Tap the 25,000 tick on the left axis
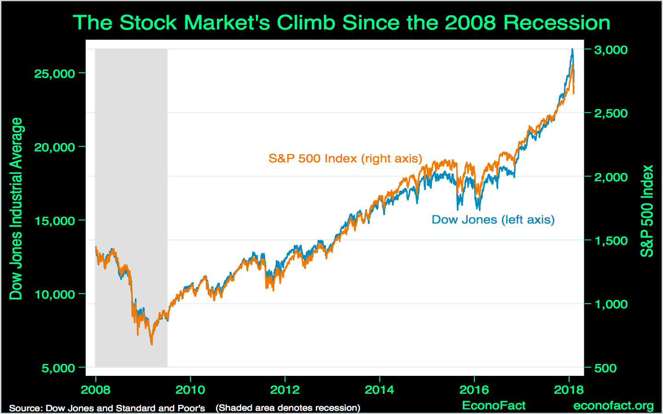(x=54, y=74)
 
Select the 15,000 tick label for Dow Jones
(x=54, y=221)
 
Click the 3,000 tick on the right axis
(x=611, y=50)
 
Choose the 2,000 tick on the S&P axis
(x=611, y=177)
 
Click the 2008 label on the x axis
(x=95, y=390)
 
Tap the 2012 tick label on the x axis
(x=285, y=390)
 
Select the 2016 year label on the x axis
(x=474, y=390)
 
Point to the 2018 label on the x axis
(x=569, y=390)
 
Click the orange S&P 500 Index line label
(x=345, y=159)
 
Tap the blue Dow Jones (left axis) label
(x=493, y=220)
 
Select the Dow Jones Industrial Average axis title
(x=16, y=208)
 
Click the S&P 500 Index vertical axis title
(x=647, y=211)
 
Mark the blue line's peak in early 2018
(x=572, y=49)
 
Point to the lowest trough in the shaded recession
(x=151, y=344)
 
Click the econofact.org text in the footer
(x=613, y=406)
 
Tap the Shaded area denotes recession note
(x=288, y=408)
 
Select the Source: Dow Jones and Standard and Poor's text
(x=107, y=408)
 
